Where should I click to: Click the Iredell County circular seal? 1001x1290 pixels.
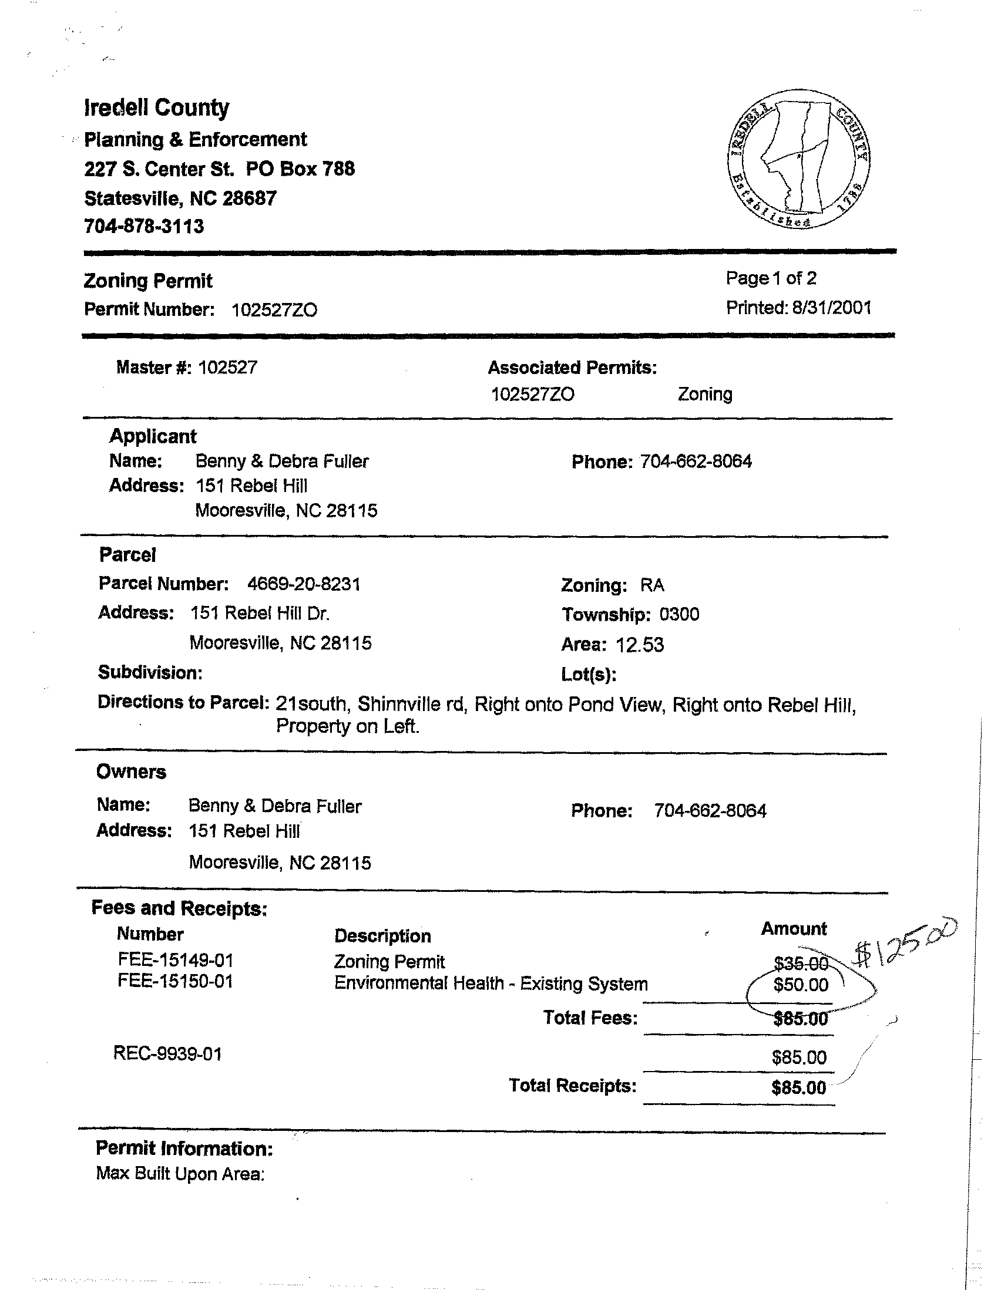799,160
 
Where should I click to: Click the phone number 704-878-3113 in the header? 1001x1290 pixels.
143,226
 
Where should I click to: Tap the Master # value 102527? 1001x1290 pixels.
227,368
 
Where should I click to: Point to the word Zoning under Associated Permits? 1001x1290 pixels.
705,394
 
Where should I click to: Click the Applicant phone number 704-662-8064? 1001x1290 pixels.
696,462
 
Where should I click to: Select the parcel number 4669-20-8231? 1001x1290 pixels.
304,584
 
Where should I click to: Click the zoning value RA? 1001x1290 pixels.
653,585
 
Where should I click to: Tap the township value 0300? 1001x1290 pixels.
679,614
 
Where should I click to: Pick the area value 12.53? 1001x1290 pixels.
640,644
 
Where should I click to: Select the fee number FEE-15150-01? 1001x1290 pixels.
176,981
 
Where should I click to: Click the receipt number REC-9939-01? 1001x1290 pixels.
168,1054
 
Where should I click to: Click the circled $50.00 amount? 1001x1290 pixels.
801,985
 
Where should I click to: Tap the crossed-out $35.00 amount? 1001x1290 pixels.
801,964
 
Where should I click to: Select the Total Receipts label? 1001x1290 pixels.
573,1086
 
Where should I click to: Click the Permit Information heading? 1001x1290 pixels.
184,1148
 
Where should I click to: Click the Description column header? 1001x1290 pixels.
382,935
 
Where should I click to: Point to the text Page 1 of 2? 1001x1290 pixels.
771,278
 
